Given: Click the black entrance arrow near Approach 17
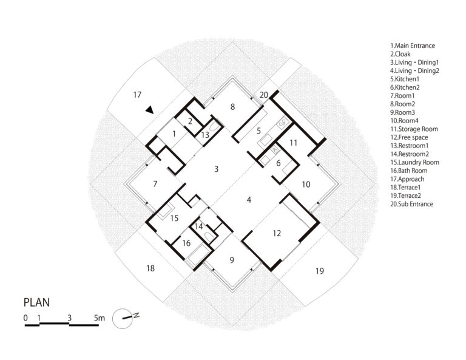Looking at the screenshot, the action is coord(150,110).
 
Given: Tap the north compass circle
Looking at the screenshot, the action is coord(122,319).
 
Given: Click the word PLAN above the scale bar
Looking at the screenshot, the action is coord(36,302).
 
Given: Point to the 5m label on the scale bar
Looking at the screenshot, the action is coord(100,318).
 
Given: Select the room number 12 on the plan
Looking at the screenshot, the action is coord(277,233).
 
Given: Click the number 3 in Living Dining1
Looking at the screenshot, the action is coord(217,169).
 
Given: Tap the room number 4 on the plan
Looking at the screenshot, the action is coord(249,200).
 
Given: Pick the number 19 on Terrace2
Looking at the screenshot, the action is coord(320,271).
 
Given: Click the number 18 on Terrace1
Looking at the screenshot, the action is coord(150,268).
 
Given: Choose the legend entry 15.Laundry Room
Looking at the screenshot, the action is coord(414,162).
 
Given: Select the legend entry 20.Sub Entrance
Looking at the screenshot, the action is coord(411,204).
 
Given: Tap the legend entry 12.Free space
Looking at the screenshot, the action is coord(409,137).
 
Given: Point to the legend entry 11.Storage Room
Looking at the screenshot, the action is coord(414,129).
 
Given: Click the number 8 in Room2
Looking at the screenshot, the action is coord(233,107).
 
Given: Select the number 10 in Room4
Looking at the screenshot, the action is coord(306,185).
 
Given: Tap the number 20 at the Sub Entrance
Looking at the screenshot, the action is coord(263,95).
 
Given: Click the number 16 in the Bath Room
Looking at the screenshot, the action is coord(186,243).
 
